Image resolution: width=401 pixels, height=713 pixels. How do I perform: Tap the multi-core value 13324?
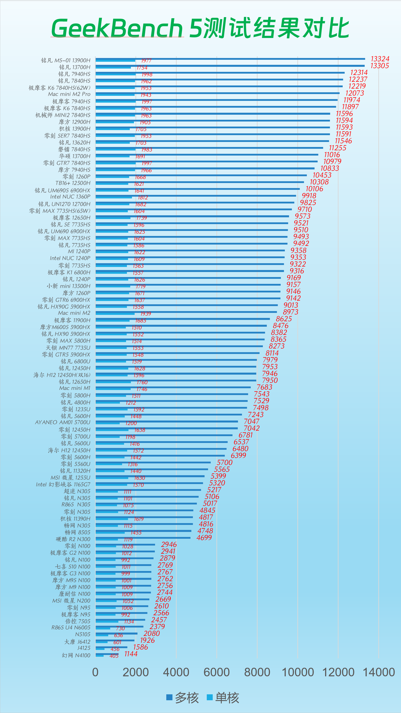380,59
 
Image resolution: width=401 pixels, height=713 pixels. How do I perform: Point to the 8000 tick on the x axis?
257,672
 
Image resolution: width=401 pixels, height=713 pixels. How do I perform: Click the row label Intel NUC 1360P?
70,197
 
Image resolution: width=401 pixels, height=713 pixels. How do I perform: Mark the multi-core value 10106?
314,189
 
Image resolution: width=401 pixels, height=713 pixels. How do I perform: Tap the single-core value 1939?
145,314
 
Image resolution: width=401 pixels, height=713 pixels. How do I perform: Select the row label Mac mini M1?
75,388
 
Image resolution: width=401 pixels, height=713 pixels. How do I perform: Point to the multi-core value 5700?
224,463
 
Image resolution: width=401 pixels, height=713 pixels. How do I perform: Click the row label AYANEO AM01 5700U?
63,422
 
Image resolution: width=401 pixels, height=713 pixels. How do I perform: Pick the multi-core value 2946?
169,544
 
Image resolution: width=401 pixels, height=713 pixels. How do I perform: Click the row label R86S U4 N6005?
71,628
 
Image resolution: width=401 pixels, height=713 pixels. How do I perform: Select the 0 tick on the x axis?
95,672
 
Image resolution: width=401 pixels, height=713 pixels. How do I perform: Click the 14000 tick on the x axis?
379,672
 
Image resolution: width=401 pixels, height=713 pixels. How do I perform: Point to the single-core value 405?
114,656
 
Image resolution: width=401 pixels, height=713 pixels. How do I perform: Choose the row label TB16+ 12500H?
73,183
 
